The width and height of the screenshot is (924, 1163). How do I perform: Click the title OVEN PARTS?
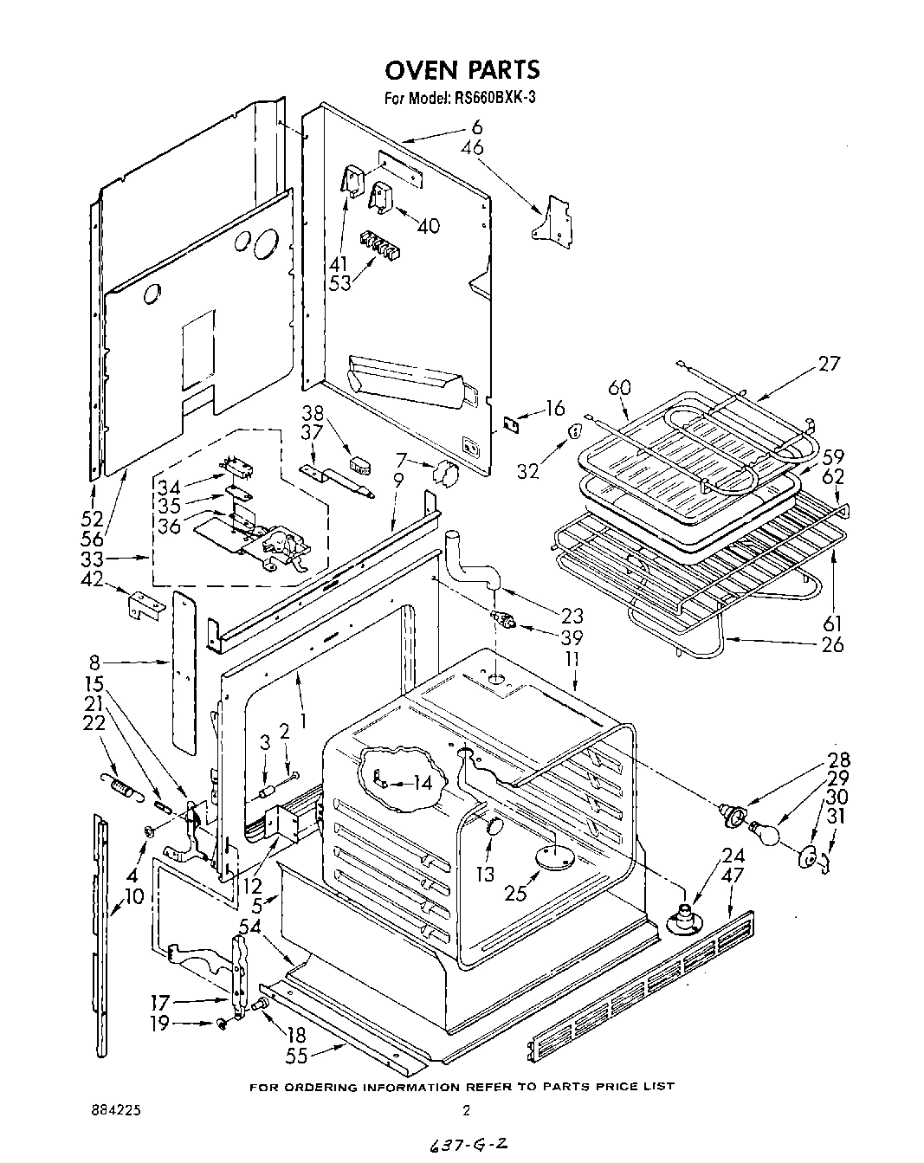(462, 70)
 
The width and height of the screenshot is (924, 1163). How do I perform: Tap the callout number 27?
(829, 364)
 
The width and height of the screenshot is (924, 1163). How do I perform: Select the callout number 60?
(620, 388)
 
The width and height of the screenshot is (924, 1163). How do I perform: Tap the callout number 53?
(340, 282)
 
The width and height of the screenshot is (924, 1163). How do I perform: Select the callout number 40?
(428, 226)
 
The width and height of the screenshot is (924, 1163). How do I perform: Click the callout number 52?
(91, 519)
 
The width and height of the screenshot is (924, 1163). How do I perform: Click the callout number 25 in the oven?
(516, 893)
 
